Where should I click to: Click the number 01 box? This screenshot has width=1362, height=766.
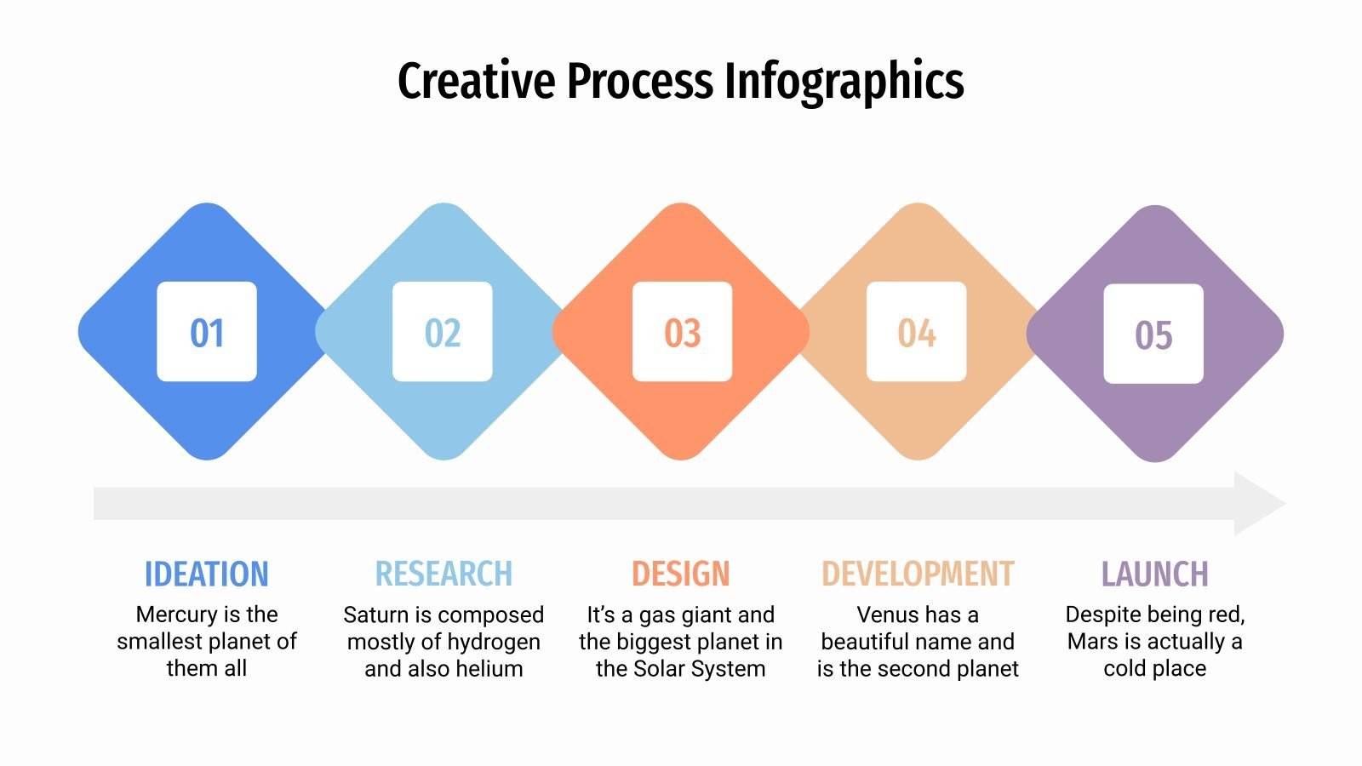207,332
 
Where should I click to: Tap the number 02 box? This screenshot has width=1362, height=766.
443,332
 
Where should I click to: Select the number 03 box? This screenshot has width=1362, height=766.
682,332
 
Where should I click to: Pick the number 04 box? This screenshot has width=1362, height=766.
917,332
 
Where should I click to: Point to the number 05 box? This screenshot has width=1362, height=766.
1153,334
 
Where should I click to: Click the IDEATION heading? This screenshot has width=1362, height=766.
207,574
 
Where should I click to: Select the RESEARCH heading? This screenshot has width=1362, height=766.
444,574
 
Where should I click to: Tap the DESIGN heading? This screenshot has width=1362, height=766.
681,574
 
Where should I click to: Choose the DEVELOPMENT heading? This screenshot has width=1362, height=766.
918,574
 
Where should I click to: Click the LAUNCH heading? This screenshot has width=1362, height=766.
1154,574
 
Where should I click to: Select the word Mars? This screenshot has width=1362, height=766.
1092,642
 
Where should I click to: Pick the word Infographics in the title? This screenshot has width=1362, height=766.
844,82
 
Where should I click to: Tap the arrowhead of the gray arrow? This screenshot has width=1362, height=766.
1259,504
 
